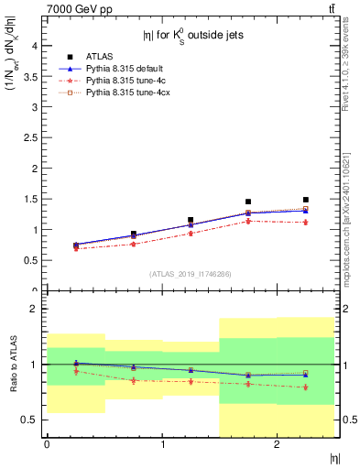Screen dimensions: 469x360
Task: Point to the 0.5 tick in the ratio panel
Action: click(x=31, y=420)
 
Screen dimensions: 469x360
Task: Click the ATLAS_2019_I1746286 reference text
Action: click(x=190, y=274)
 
